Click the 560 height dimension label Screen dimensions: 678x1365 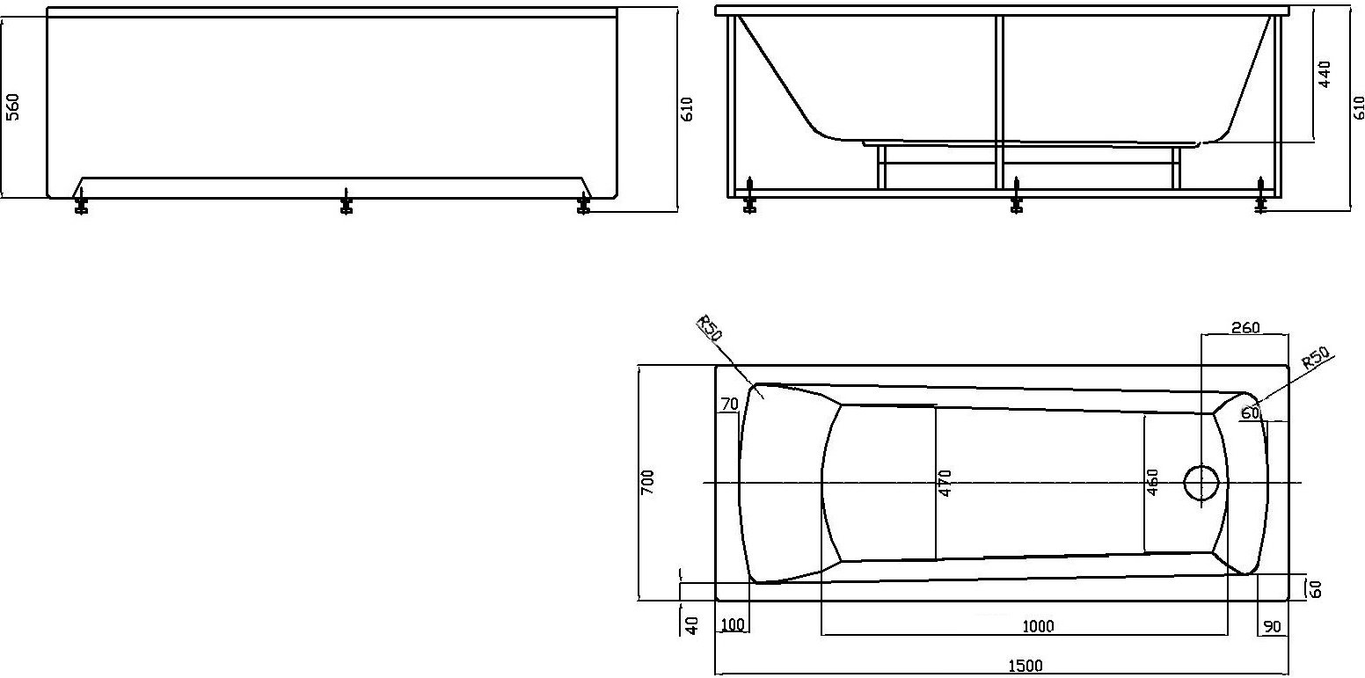point(12,106)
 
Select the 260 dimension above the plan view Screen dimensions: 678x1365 point(1245,328)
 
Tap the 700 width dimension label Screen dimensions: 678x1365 point(647,482)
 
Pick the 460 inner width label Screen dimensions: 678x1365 point(1153,483)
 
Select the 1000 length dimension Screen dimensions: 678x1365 point(1038,626)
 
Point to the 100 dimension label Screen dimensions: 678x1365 point(732,626)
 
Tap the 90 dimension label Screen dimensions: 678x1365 point(1272,626)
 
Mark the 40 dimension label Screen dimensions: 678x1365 point(692,626)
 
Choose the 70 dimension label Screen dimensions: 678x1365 point(728,405)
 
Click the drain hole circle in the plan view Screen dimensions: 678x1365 point(1201,483)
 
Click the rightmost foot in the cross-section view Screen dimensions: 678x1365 point(1262,198)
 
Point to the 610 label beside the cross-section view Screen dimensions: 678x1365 point(1359,106)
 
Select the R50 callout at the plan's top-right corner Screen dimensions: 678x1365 point(1314,358)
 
